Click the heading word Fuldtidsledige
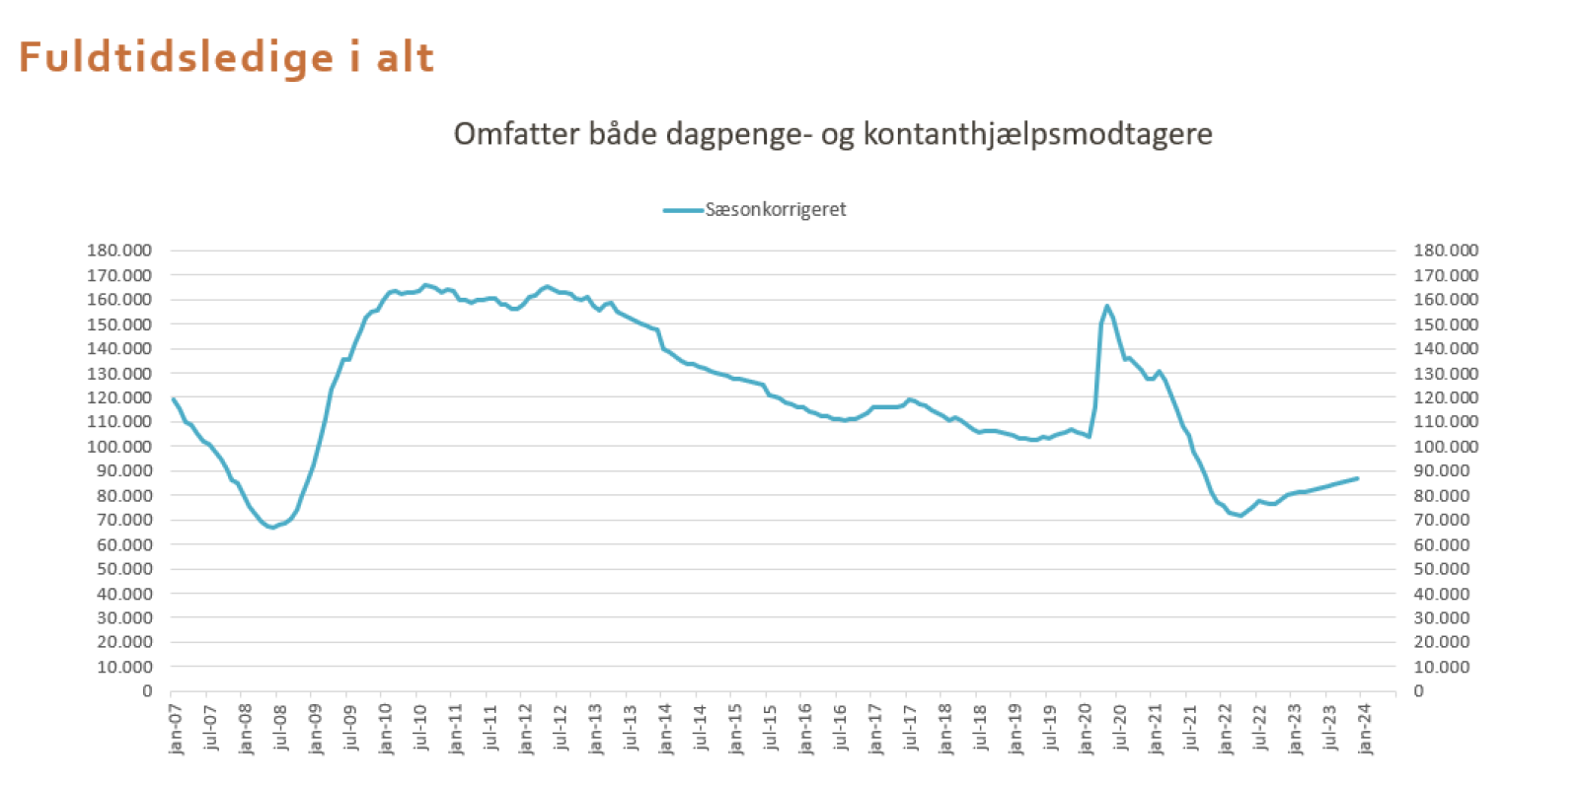177,57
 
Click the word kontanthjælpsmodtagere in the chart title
1037,134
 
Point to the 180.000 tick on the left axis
119,251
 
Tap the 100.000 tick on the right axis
1446,446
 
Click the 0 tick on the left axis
147,690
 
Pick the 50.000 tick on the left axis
124,568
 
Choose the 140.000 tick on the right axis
1446,348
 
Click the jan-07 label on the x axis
176,729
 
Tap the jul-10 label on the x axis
421,727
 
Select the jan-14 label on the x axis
666,729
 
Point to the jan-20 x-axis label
1086,729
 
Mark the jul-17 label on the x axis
911,727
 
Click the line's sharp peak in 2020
1107,306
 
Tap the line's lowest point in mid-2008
272,527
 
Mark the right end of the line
1358,478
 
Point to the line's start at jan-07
173,398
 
